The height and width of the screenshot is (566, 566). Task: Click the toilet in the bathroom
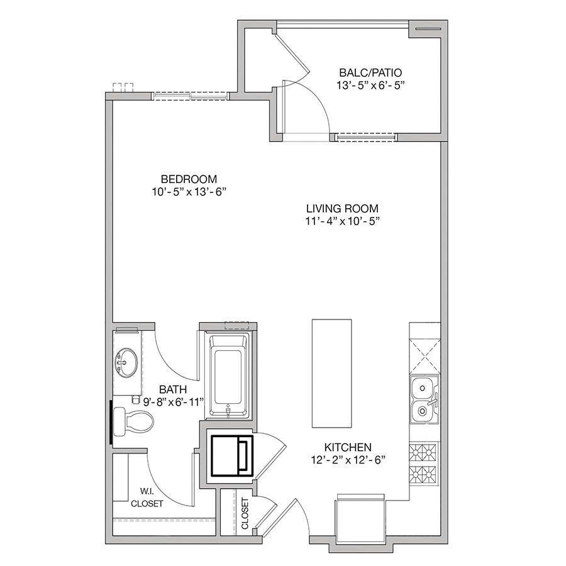coord(133,421)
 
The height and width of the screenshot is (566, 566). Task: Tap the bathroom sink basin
coord(126,362)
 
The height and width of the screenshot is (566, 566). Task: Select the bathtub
coord(227,375)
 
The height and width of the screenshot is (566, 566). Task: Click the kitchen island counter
coord(331,373)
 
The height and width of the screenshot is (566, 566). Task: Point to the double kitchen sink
coord(424,399)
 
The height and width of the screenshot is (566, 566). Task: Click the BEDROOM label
coord(189,179)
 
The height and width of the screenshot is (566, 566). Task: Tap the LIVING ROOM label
coord(342,208)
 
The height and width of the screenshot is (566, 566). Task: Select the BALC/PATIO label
coord(370,72)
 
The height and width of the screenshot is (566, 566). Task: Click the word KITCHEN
coord(348,447)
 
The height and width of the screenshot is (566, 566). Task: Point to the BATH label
coord(173,389)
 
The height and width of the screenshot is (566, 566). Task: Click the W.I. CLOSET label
coord(147,497)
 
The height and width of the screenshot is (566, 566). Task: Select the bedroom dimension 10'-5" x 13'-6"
coord(189,192)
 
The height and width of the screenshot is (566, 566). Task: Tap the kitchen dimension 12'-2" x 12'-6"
coord(348,460)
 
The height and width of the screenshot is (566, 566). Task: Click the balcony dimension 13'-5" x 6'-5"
coord(370,86)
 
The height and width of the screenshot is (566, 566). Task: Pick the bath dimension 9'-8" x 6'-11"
coord(174,402)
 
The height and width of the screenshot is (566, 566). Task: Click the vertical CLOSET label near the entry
coord(245,513)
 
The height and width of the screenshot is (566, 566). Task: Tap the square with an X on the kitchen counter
coord(425,356)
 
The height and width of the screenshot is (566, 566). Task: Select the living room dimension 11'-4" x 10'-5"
coord(343,221)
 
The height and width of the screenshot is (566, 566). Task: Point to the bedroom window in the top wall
coord(190,96)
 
